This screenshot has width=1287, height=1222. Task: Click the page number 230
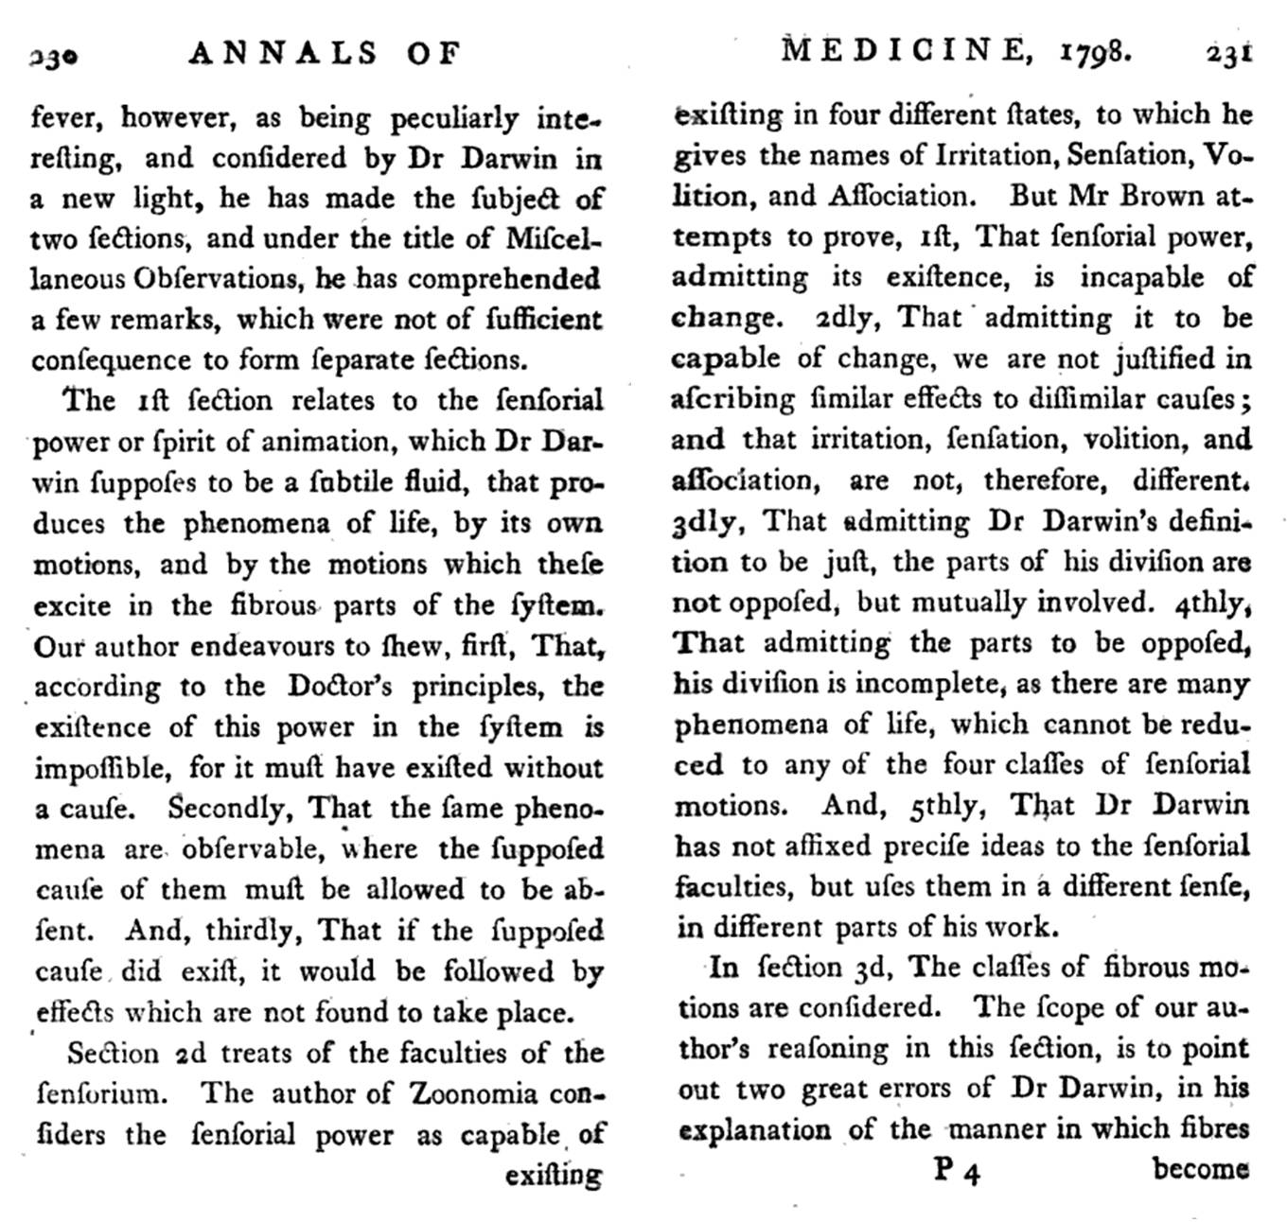53,57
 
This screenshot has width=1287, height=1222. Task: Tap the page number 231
1228,52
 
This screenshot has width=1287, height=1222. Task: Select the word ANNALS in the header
284,53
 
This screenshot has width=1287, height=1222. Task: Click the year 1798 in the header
1094,51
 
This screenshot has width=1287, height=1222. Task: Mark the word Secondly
224,809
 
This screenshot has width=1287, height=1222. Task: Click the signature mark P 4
957,1171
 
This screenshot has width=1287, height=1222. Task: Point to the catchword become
1200,1169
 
